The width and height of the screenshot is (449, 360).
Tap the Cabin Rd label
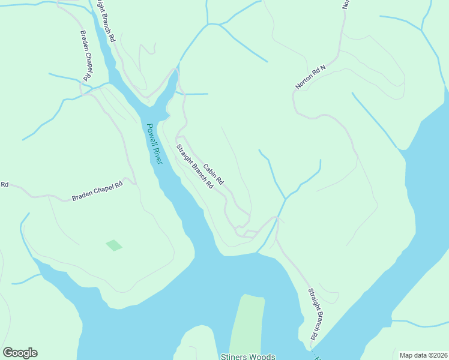tap(213, 174)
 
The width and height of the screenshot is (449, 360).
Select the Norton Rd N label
tap(310, 77)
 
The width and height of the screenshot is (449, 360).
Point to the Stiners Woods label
tap(248, 356)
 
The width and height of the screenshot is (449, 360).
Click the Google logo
tap(20, 353)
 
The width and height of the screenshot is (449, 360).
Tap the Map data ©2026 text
tap(423, 355)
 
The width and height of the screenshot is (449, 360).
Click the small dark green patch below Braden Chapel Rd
tap(113, 245)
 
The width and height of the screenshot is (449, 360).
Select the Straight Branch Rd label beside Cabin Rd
tap(195, 167)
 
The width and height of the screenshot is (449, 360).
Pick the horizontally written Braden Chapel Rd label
tap(97, 191)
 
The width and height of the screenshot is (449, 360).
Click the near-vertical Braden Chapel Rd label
tap(86, 57)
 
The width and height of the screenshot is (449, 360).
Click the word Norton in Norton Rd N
tap(305, 82)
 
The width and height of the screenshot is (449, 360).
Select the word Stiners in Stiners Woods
tap(234, 356)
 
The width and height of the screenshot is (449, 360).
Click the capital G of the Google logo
tap(8, 353)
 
